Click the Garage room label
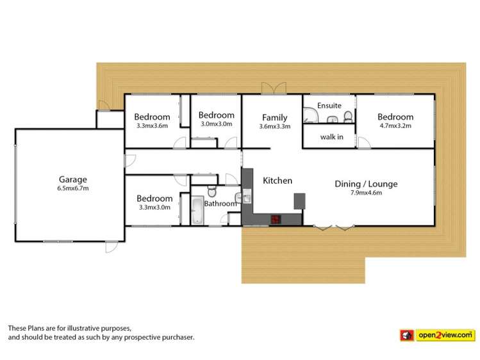[x=72, y=179]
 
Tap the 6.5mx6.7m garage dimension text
[x=72, y=188]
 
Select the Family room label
[x=274, y=117]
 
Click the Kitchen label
[x=277, y=181]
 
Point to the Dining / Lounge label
[x=366, y=184]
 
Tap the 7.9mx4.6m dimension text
[x=366, y=193]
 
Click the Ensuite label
[x=329, y=105]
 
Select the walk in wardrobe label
[x=331, y=136]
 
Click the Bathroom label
[x=220, y=204]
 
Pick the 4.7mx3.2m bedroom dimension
[x=395, y=126]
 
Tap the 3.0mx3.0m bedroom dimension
[x=216, y=124]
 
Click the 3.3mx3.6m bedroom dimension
[x=152, y=126]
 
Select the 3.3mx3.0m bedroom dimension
[x=154, y=208]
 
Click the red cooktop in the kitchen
[x=276, y=219]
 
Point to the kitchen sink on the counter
[x=247, y=197]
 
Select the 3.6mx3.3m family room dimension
[x=274, y=126]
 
